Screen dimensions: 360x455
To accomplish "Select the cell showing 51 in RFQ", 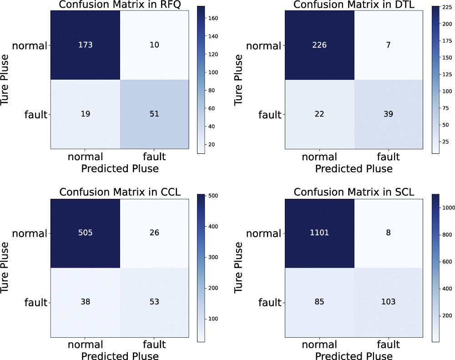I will pos(154,114).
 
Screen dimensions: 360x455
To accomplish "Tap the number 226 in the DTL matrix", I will pos(319,46).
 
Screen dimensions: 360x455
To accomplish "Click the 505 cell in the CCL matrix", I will pos(85,233).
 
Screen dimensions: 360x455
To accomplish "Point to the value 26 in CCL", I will pos(154,233).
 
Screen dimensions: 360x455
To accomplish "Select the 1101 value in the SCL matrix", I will pos(319,233).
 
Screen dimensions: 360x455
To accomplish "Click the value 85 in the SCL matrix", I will pos(319,302).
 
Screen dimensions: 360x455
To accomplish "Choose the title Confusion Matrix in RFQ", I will pos(119,5).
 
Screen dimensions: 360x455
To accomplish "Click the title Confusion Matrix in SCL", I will pos(354,193).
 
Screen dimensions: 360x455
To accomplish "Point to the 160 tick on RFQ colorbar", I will pos(213,18).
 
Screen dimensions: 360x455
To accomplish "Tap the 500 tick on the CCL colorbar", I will pos(213,196).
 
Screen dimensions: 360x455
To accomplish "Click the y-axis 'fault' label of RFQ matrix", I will pos(35,114).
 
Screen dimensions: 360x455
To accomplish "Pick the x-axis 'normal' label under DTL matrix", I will pos(319,157).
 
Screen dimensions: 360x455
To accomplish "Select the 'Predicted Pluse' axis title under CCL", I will pos(119,356).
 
